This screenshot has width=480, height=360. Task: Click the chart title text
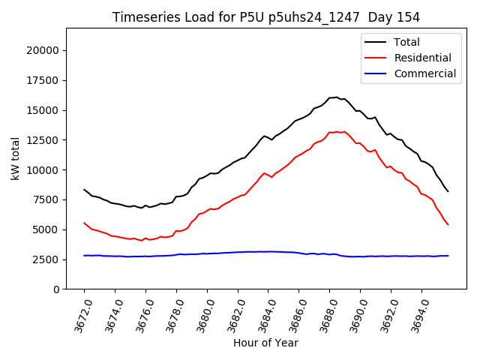coord(265,17)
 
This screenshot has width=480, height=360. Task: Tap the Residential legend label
coord(422,58)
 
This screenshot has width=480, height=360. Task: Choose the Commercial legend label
coord(424,73)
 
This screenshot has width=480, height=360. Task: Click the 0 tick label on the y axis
coord(56,289)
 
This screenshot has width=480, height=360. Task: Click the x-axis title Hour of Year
coord(265,343)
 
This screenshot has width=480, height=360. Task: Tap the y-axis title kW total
coord(15,158)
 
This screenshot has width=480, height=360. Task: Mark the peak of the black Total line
coord(336,97)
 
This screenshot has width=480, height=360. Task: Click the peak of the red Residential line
coord(336,132)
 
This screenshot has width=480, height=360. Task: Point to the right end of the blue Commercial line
coord(448,256)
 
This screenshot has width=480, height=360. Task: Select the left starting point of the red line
coord(84,223)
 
